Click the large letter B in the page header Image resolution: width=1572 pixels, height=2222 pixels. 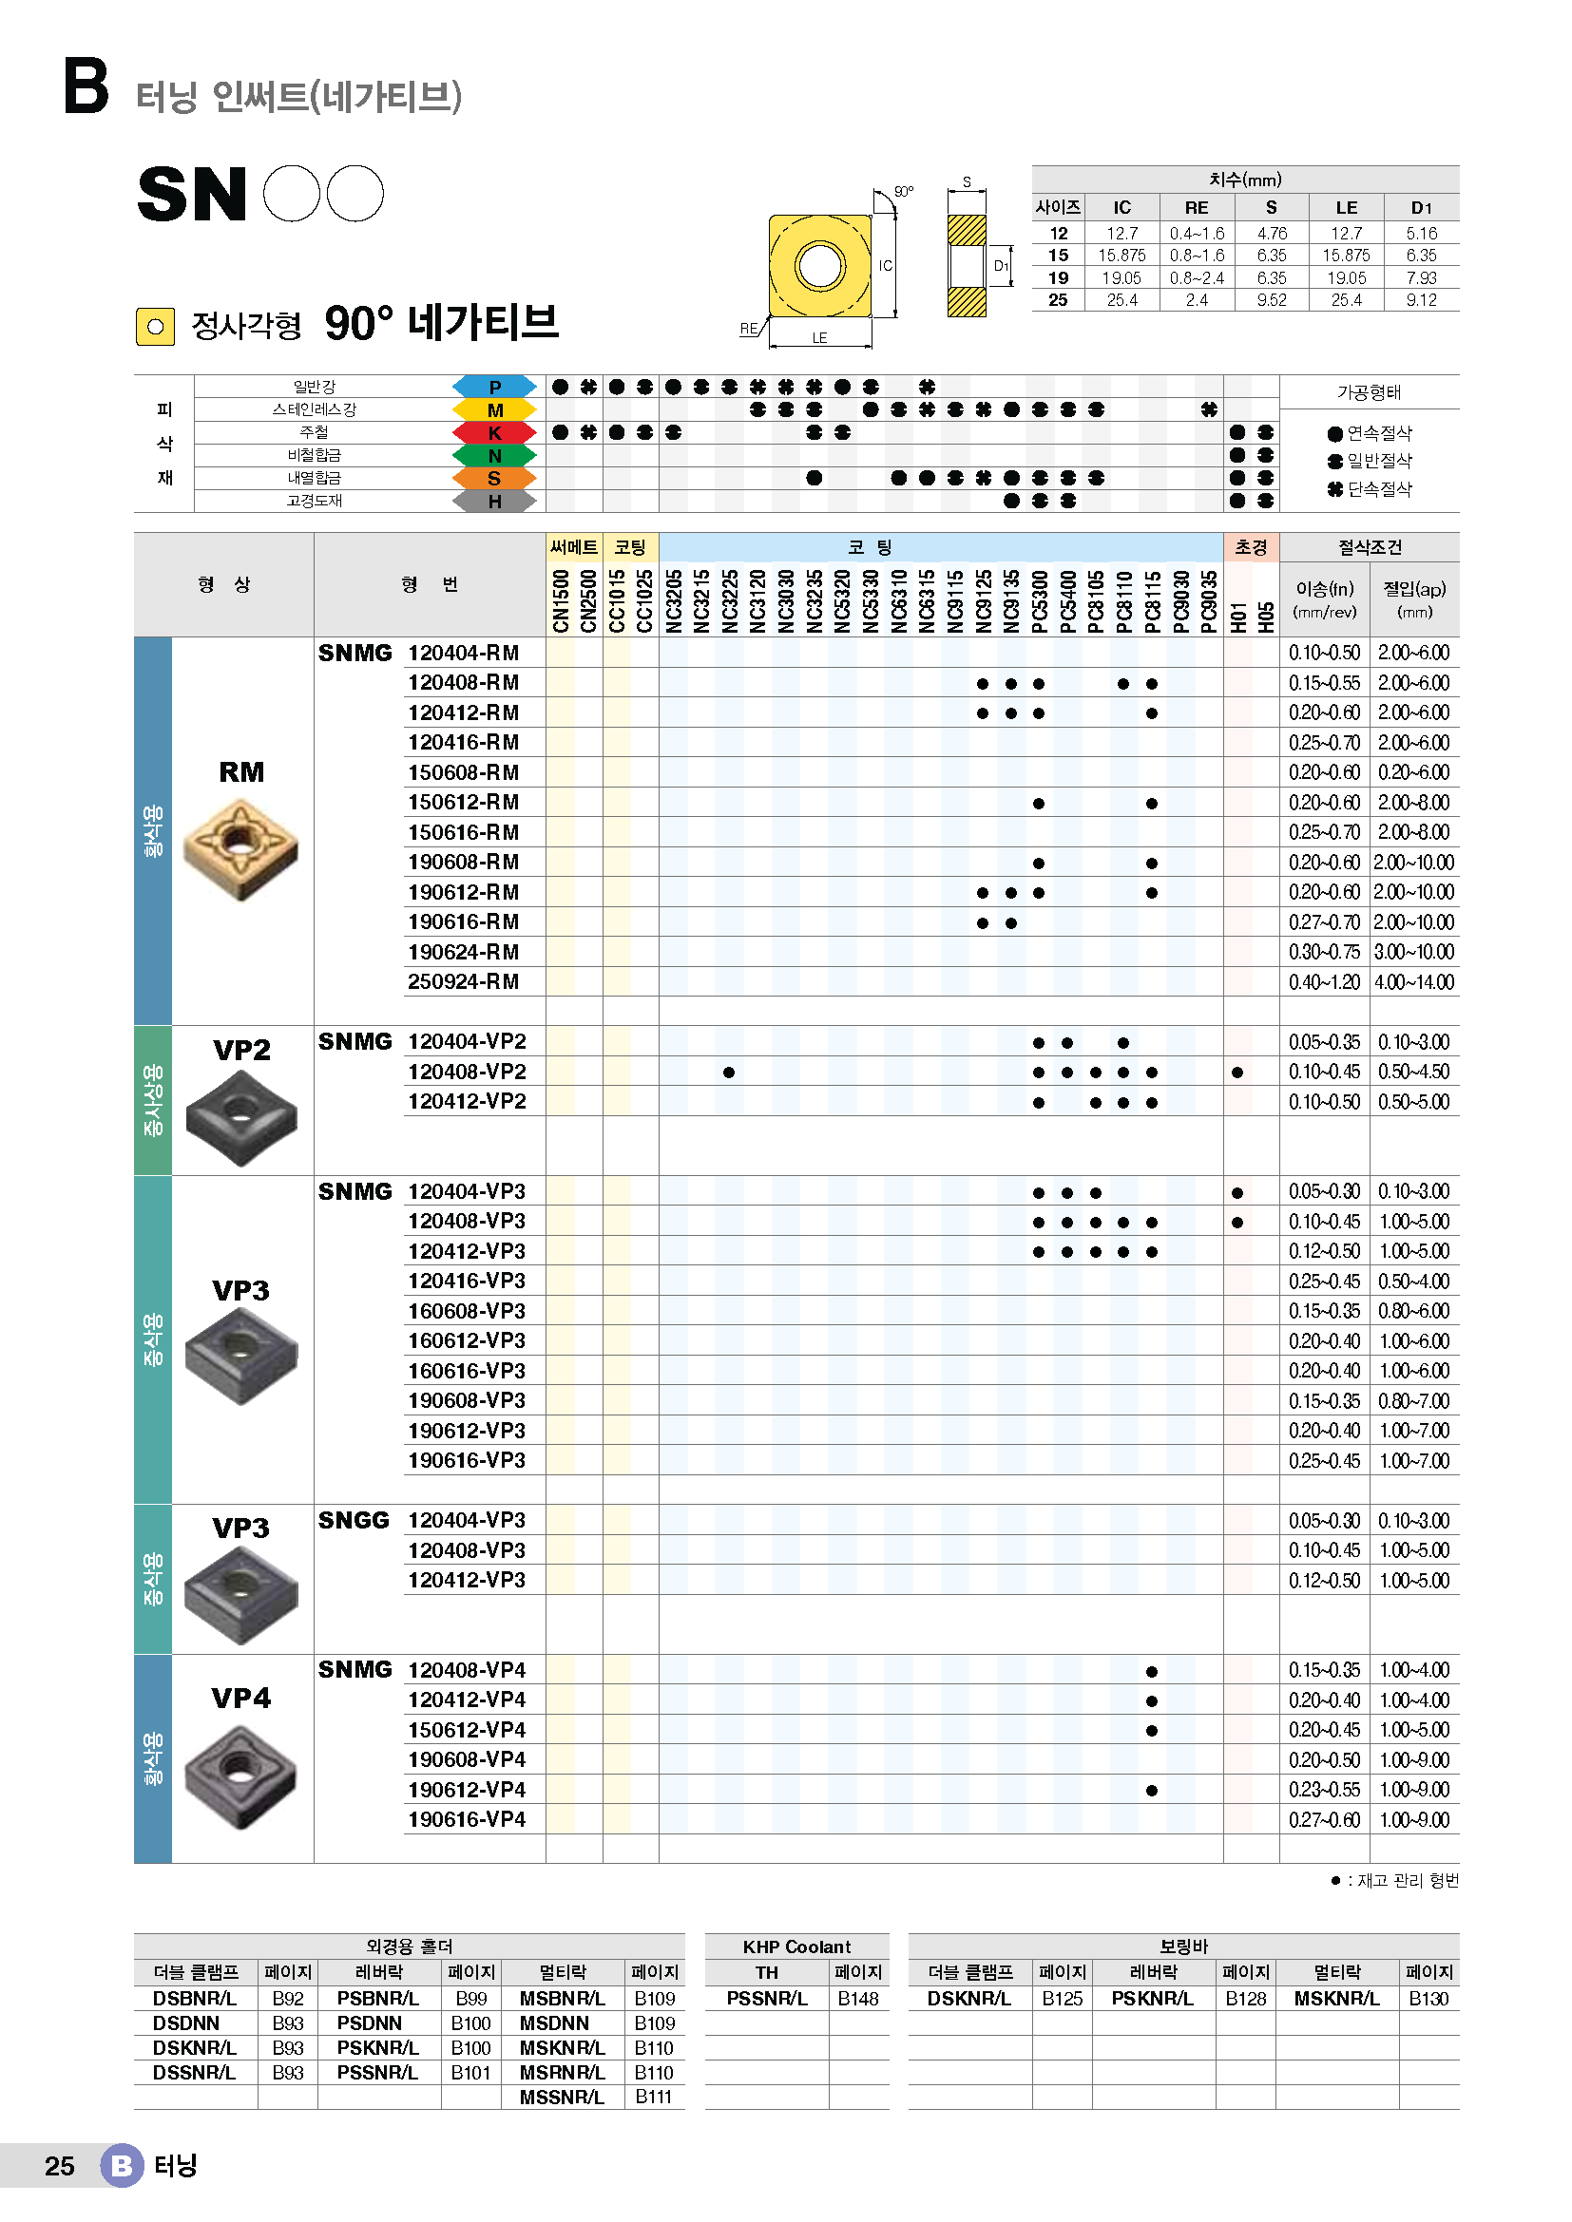[x=86, y=86]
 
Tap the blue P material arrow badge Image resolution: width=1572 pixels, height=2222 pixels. [x=494, y=387]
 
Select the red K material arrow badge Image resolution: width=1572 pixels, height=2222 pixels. [x=494, y=432]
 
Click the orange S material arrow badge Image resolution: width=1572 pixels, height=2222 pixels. [x=494, y=478]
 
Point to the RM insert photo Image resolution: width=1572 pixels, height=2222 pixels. [x=241, y=849]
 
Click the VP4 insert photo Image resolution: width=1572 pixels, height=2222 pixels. [x=241, y=1777]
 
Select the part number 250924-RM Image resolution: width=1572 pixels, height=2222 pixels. [x=464, y=982]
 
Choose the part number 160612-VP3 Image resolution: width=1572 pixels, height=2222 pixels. [x=467, y=1341]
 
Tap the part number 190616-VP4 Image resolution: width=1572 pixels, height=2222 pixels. [x=467, y=1820]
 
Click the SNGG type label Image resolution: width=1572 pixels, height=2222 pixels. [x=355, y=1520]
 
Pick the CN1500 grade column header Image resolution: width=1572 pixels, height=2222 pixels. [x=561, y=601]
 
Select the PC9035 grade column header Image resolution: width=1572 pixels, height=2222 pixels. [x=1209, y=601]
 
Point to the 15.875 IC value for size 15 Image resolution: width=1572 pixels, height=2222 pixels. [x=1121, y=256]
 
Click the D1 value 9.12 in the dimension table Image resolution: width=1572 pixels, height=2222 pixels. [x=1422, y=300]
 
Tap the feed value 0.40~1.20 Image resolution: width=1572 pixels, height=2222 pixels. [x=1324, y=982]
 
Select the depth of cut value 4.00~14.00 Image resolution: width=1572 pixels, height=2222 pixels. [x=1414, y=982]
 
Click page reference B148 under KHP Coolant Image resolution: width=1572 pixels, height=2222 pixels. [x=858, y=1999]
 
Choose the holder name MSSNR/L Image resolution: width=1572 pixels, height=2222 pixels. [x=563, y=2098]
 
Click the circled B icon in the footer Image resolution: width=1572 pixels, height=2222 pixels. [x=122, y=2166]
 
